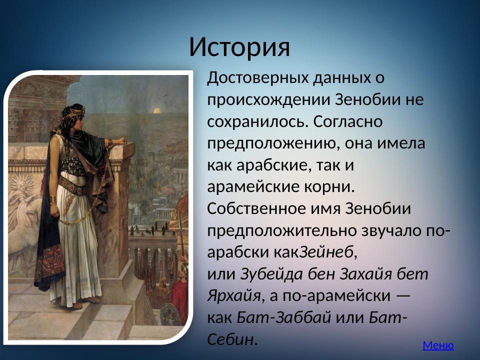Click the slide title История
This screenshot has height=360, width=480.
pyautogui.click(x=239, y=47)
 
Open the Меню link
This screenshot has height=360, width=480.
pyautogui.click(x=438, y=345)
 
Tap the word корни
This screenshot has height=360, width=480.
pyautogui.click(x=331, y=186)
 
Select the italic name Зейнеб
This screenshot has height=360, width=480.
pyautogui.click(x=326, y=252)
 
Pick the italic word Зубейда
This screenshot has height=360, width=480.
pyautogui.click(x=265, y=274)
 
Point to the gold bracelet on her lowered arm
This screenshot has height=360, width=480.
pyautogui.click(x=53, y=199)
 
